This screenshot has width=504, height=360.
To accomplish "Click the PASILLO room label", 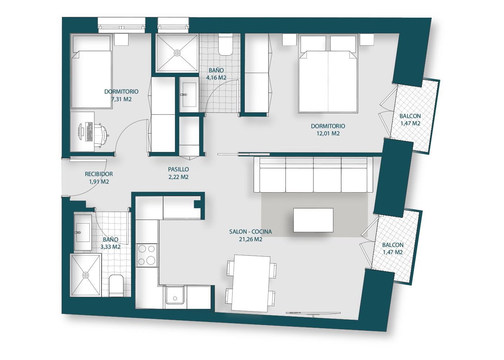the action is click(179, 170).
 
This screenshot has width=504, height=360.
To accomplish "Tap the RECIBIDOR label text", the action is click(99, 174).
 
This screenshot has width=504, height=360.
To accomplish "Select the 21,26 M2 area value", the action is click(251, 239).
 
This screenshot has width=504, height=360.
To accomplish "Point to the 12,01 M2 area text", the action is click(328, 134).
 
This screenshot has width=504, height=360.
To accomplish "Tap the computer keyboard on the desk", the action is click(89, 132).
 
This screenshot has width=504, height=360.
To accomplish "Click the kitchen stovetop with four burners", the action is click(147, 255).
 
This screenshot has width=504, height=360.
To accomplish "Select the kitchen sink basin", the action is click(175, 295).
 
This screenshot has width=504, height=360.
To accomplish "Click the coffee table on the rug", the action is click(313, 220).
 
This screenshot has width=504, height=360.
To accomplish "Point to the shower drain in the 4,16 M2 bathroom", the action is click(177, 53).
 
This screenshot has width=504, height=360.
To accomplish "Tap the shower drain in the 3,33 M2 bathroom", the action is click(86, 275).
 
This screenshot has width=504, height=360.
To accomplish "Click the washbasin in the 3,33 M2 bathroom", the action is click(83, 233).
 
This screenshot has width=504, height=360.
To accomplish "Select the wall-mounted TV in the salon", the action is click(313, 313).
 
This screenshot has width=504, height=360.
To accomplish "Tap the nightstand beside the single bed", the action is click(121, 40).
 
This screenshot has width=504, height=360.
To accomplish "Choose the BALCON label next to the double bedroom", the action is click(410, 116).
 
